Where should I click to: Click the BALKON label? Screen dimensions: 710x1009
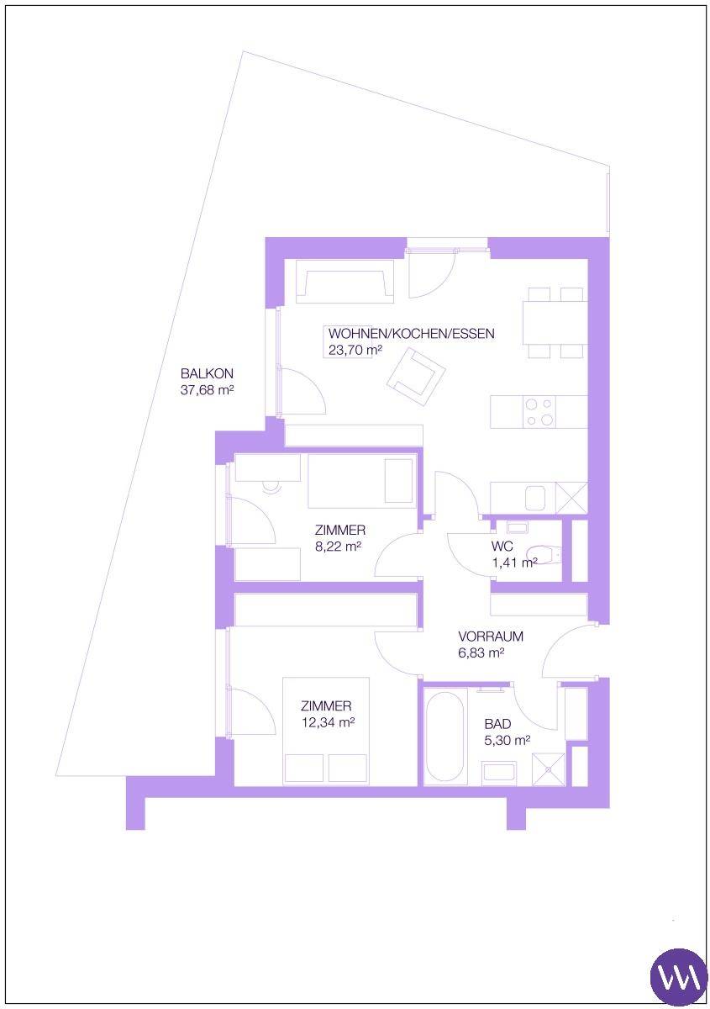207,373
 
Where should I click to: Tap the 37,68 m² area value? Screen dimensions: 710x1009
207,389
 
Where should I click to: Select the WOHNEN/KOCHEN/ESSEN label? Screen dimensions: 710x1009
411,334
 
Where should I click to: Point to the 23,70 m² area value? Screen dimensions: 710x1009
355,350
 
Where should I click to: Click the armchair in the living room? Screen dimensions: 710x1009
416,377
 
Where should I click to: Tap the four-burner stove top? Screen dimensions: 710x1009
539,412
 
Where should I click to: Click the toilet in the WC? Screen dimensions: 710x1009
544,555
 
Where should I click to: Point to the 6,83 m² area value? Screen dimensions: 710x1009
481,652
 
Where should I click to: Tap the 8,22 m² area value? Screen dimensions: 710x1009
339,547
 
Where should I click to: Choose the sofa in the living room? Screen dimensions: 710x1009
345,280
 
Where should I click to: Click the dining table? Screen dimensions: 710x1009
555,323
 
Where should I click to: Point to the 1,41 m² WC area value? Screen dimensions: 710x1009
514,563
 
